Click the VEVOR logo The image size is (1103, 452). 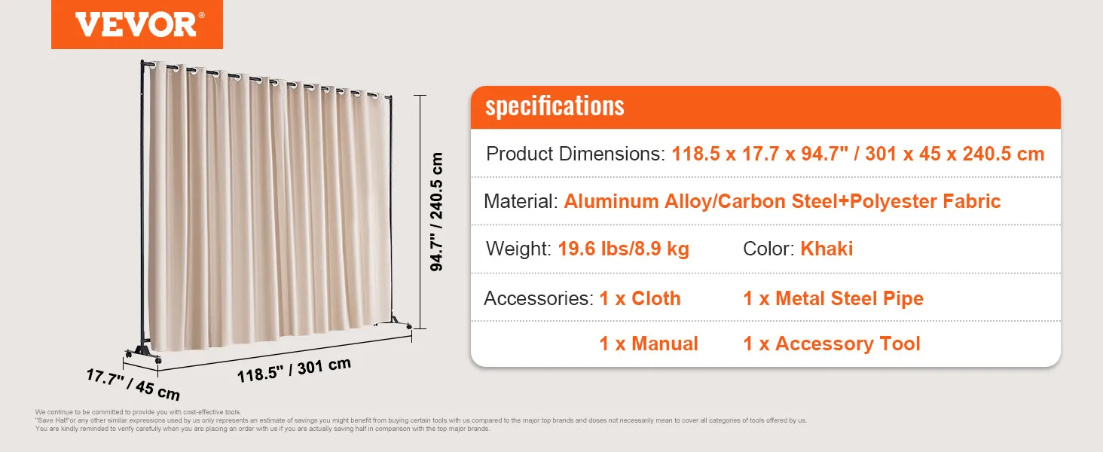tap(137, 24)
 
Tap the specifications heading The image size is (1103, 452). tap(555, 106)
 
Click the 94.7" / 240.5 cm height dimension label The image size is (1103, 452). tap(436, 212)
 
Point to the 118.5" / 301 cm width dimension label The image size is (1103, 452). tap(294, 371)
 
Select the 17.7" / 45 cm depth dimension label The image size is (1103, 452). tap(133, 384)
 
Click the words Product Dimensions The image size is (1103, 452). tap(576, 154)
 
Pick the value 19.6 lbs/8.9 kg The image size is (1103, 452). tap(623, 249)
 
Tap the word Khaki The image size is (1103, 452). tap(826, 249)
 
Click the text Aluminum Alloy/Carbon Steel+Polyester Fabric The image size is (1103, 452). tap(783, 201)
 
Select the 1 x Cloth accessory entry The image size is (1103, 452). tap(640, 298)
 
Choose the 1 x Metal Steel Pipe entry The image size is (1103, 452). tap(833, 298)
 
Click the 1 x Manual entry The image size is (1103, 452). tap(649, 344)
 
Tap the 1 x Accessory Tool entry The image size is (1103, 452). tap(832, 344)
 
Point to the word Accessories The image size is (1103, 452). tap(539, 298)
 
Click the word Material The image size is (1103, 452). tap(521, 201)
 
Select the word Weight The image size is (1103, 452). tap(518, 249)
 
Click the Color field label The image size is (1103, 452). tap(768, 249)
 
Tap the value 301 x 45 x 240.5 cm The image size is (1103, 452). tap(955, 154)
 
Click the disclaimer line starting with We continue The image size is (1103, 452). tap(138, 412)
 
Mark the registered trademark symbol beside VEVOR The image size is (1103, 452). tap(201, 15)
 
